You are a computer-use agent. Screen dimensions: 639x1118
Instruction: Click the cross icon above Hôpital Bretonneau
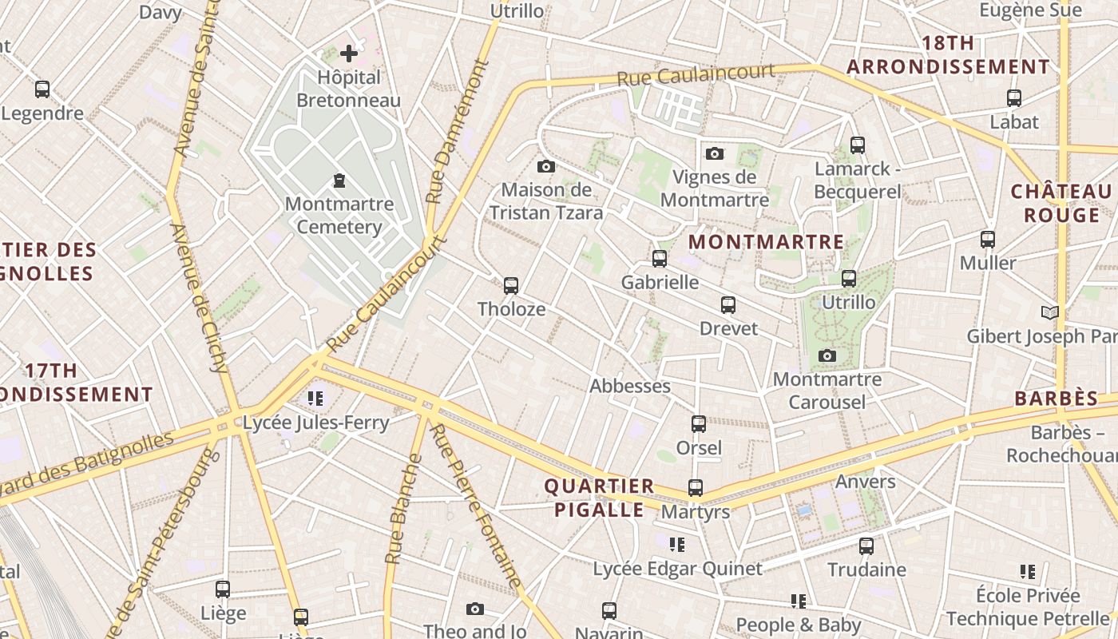[x=349, y=54]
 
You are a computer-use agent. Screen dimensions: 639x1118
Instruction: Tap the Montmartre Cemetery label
[x=339, y=215]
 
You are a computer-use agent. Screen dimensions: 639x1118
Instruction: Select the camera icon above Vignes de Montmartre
[x=715, y=153]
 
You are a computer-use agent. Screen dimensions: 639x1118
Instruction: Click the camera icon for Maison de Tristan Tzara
[x=546, y=166]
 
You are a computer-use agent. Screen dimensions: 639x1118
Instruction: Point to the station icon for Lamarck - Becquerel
[x=858, y=145]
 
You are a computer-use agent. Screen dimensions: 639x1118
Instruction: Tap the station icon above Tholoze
[x=511, y=285]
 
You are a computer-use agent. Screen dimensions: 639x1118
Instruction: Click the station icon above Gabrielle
[x=660, y=259]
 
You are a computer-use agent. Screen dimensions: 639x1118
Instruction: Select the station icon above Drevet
[x=728, y=304]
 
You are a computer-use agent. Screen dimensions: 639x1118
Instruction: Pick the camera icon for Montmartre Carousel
[x=827, y=355]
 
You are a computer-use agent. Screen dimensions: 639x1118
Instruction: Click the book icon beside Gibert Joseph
[x=1050, y=312]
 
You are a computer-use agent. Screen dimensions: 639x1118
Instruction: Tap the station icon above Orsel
[x=699, y=423]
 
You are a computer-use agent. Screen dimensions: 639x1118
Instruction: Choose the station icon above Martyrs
[x=696, y=488]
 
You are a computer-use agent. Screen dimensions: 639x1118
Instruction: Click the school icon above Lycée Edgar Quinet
[x=677, y=545]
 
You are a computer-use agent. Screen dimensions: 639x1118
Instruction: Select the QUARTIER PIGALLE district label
[x=599, y=498]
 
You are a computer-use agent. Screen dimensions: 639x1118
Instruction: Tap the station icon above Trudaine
[x=866, y=546]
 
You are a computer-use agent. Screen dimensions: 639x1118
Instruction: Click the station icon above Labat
[x=1014, y=98]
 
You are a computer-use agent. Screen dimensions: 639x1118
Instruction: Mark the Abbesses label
[x=629, y=386]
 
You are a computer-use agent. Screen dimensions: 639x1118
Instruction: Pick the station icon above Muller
[x=988, y=240]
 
